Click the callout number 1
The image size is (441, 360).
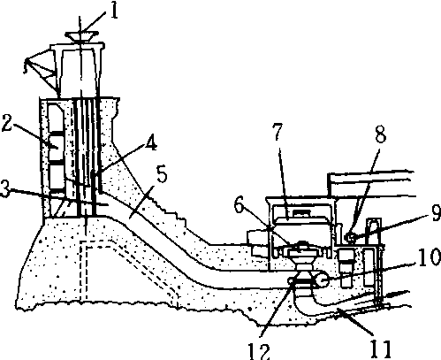point(114,11)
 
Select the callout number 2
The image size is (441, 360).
point(7,123)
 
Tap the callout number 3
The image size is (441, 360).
point(5,188)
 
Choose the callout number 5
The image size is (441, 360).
point(162,174)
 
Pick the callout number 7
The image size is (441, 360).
point(278,132)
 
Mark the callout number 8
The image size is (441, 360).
point(380,134)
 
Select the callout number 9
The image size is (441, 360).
point(437,213)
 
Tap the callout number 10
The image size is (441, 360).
point(429,257)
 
